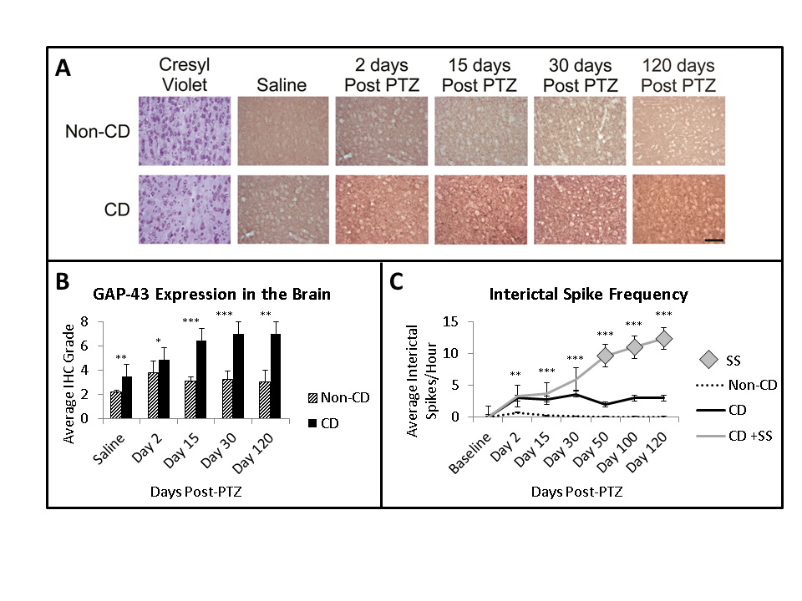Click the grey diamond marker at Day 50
pos(604,356)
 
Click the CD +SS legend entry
pos(739,437)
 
